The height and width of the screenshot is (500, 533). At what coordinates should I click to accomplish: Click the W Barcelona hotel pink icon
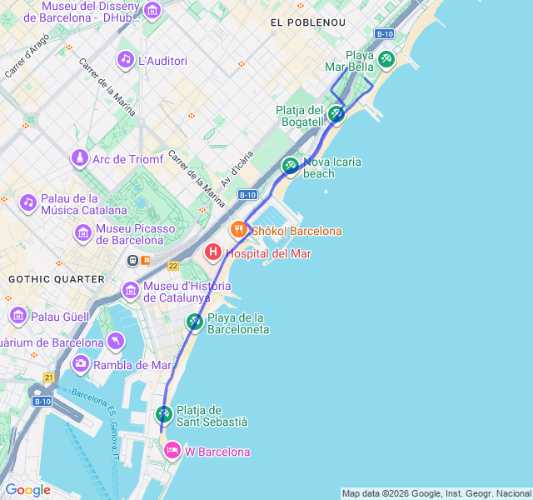click(172, 450)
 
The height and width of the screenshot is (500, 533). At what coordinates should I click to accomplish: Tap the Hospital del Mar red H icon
click(213, 252)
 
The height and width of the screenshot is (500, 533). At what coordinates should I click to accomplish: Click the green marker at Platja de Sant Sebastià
click(164, 413)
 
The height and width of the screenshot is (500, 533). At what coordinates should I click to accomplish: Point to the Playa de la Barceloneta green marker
click(194, 321)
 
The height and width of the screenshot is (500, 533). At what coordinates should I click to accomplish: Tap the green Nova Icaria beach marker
click(290, 165)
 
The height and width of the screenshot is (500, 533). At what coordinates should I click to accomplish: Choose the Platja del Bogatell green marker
click(336, 113)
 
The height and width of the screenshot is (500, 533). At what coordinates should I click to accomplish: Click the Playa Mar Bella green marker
click(386, 59)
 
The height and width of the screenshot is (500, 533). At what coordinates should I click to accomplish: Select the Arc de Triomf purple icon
click(79, 157)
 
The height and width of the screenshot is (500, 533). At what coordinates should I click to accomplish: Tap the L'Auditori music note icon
click(125, 59)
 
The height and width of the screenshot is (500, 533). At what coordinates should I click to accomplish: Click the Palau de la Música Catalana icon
click(28, 202)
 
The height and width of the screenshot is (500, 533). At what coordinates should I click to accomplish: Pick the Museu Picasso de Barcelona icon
click(82, 232)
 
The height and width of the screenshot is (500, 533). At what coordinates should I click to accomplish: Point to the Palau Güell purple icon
click(18, 316)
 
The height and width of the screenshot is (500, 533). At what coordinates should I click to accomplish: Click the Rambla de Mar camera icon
click(81, 363)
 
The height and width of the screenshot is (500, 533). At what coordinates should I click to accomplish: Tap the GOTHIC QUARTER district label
click(57, 278)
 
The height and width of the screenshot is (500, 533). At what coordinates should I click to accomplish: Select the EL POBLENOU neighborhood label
click(308, 22)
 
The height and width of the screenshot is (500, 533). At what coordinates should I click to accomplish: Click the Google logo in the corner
click(27, 489)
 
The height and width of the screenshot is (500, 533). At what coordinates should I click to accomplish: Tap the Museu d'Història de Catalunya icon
click(131, 290)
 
